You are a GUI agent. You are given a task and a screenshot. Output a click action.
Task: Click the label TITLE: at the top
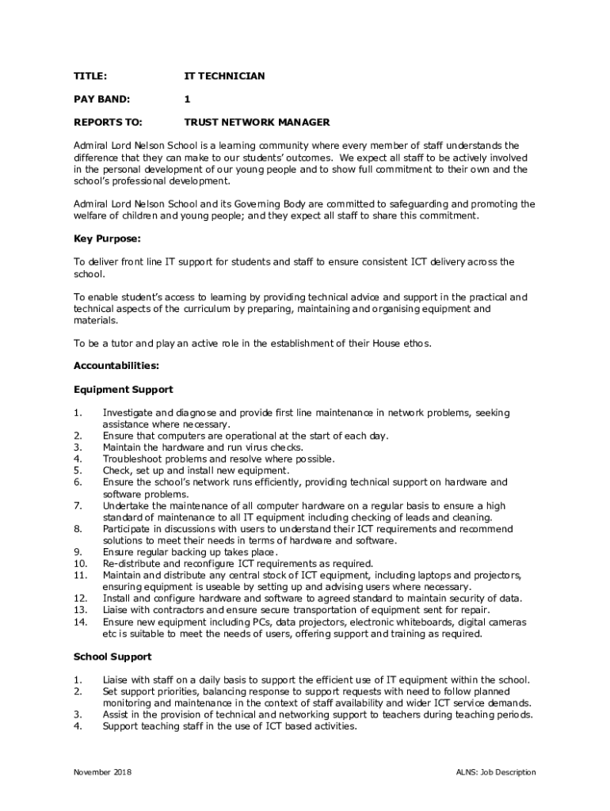tap(90, 76)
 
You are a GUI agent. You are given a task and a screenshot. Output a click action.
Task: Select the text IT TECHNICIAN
tap(224, 76)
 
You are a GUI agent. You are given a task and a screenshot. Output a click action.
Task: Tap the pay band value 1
tap(187, 99)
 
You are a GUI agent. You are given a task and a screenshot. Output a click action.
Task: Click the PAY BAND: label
tap(101, 99)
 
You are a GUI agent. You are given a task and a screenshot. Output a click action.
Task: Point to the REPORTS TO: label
tap(108, 123)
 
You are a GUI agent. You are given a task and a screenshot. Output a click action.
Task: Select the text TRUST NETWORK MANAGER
tap(257, 123)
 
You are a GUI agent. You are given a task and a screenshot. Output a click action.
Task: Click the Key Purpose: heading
tap(107, 238)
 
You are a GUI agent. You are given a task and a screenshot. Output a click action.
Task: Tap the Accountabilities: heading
tap(116, 366)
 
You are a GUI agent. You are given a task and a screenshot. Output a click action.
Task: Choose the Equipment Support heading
tap(123, 390)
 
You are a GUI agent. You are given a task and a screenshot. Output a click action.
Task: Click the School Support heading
tap(112, 657)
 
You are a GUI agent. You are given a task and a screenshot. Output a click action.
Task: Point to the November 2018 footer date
tap(103, 772)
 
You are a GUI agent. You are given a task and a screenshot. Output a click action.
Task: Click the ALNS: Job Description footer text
tap(496, 772)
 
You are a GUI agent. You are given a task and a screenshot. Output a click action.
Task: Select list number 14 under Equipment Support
tap(79, 623)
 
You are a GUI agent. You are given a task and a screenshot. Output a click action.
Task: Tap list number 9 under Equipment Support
tap(77, 552)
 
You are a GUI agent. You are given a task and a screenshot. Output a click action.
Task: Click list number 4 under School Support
tap(77, 726)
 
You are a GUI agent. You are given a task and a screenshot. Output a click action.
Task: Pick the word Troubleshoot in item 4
tap(130, 459)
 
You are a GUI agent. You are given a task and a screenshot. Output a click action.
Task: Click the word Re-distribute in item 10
tap(131, 564)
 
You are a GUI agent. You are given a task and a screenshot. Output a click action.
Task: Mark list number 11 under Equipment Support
tap(79, 575)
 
